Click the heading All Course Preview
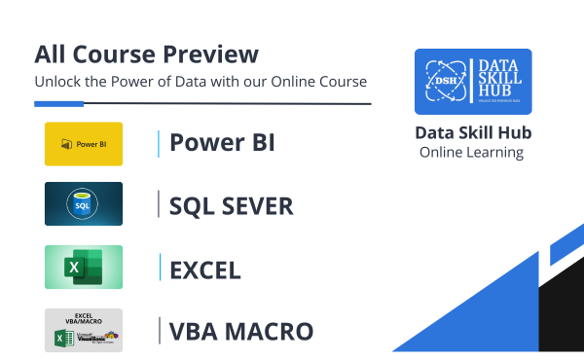coord(147,54)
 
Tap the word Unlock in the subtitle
coord(59,81)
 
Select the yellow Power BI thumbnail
coord(84,144)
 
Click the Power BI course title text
coord(222,143)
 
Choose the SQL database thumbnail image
coord(84,204)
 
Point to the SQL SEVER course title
coord(231,205)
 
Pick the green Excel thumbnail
coord(84,267)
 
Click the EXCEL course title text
coord(205,269)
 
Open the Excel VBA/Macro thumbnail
coord(84,331)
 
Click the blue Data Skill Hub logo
coord(473,82)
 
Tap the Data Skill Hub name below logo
coord(473,133)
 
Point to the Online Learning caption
coord(472,153)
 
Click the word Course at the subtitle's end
coord(345,81)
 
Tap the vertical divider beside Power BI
coord(158,143)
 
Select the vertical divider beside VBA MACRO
coord(158,331)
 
